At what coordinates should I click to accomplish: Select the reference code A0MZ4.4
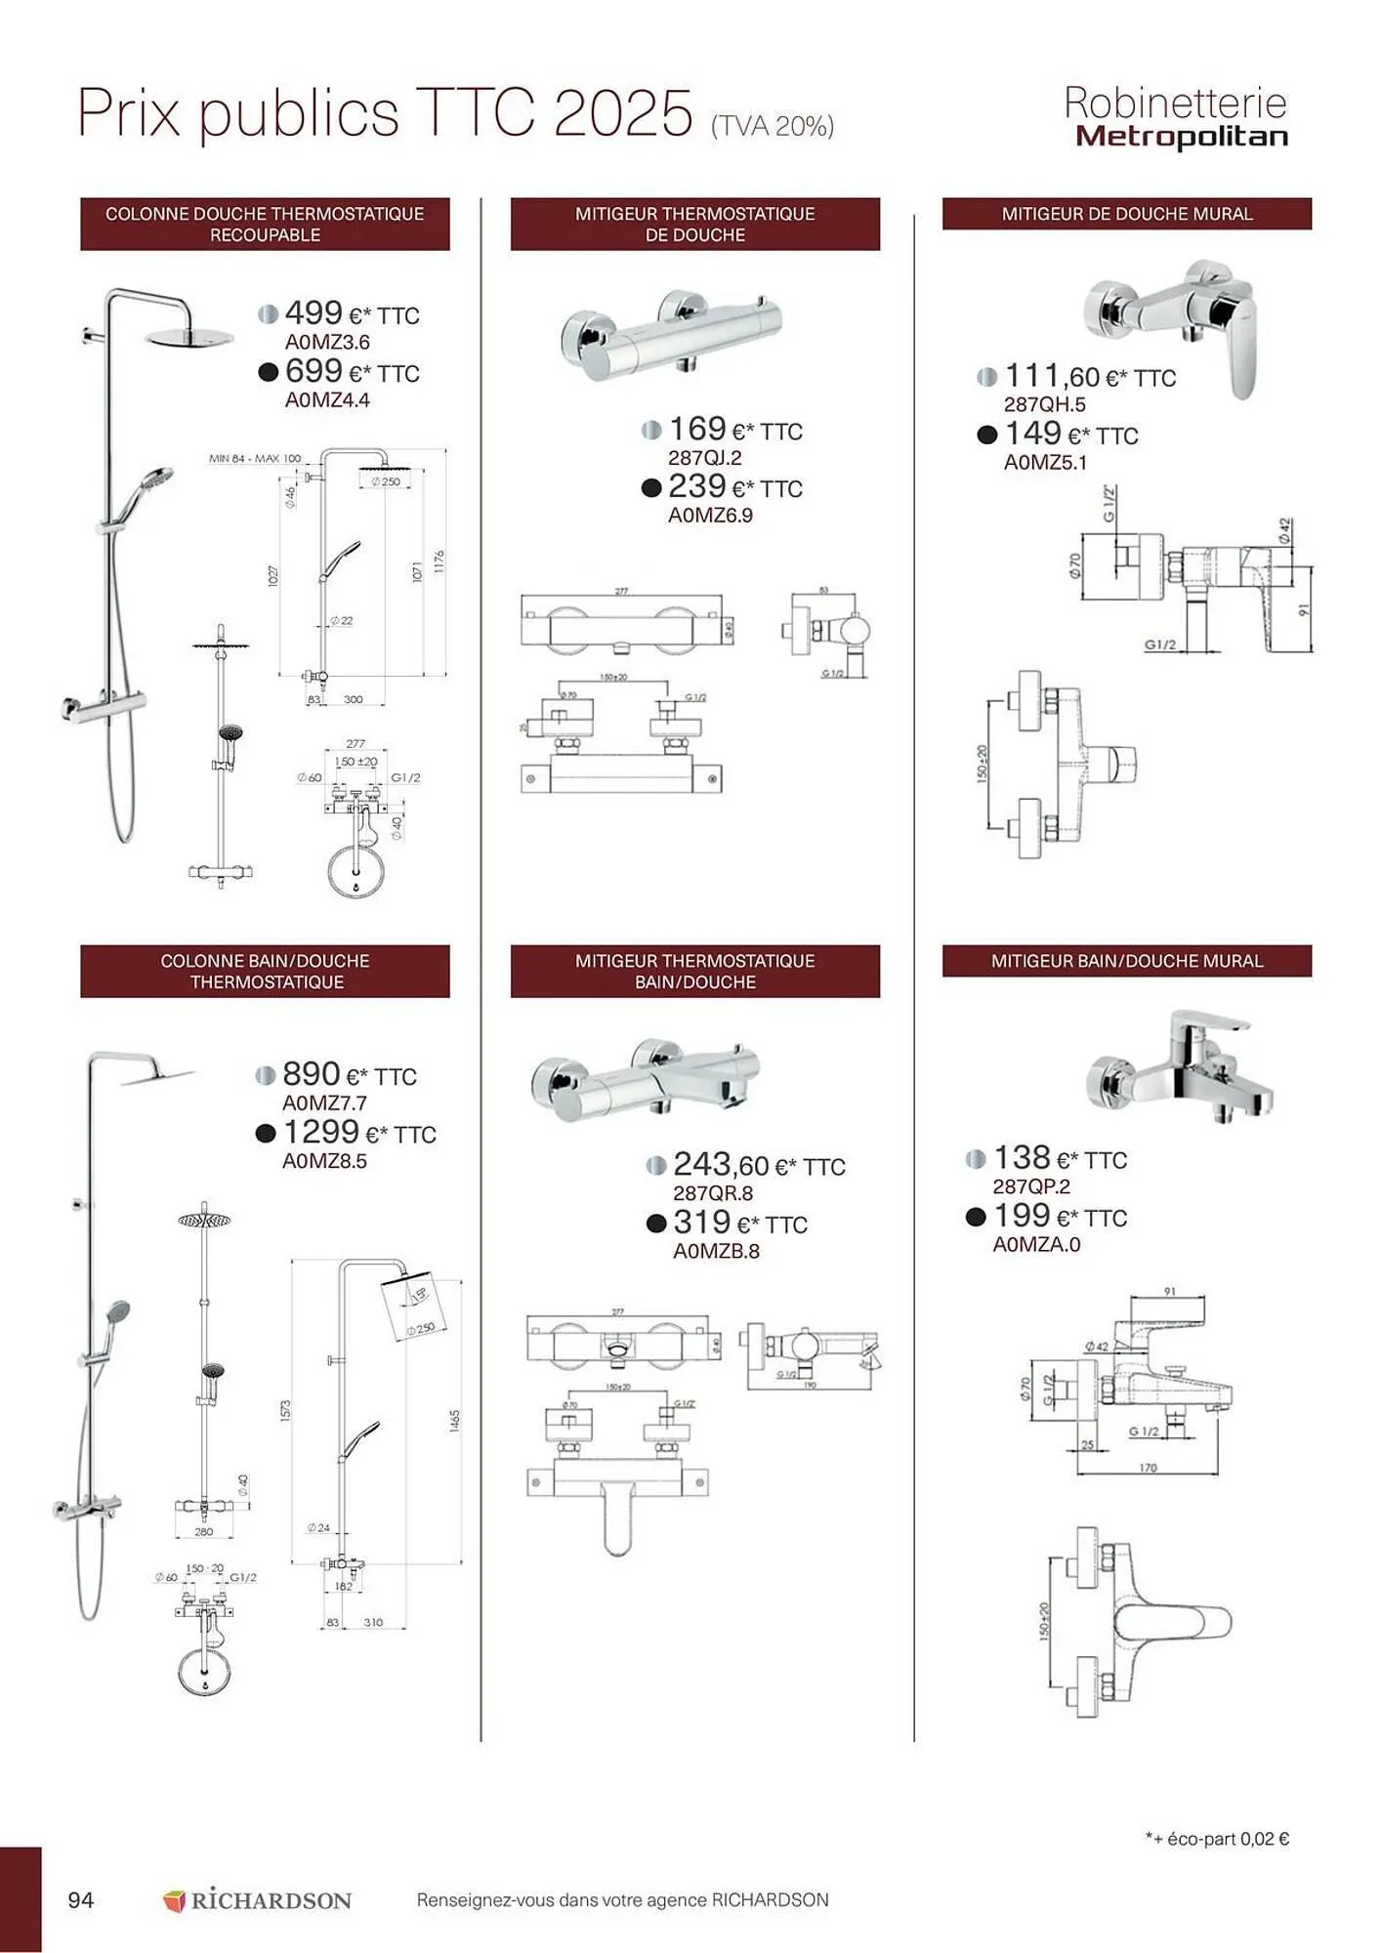[x=327, y=400]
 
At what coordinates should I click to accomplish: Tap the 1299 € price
[x=358, y=1133]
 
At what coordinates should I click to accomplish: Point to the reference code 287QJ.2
[x=705, y=458]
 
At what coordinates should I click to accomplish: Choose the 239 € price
[x=734, y=487]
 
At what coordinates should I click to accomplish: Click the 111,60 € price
[x=1090, y=376]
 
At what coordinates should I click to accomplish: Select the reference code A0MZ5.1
[x=1045, y=463]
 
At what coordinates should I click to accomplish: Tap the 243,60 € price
[x=758, y=1165]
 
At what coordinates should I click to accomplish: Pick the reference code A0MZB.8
[x=716, y=1251]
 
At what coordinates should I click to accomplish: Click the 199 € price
[x=1060, y=1217]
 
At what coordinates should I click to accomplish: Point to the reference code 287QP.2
[x=1031, y=1186]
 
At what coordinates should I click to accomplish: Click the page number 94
[x=81, y=1899]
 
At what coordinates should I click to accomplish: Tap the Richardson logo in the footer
[x=257, y=1900]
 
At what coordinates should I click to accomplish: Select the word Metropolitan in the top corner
[x=1182, y=137]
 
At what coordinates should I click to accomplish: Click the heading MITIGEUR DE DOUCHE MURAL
[x=1127, y=214]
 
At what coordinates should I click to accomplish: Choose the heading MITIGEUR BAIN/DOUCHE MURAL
[x=1127, y=961]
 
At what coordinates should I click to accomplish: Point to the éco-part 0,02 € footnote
[x=1217, y=1839]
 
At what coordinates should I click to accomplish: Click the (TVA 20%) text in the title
[x=773, y=126]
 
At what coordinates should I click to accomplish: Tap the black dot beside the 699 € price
[x=269, y=372]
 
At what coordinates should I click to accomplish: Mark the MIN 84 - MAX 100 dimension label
[x=255, y=458]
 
